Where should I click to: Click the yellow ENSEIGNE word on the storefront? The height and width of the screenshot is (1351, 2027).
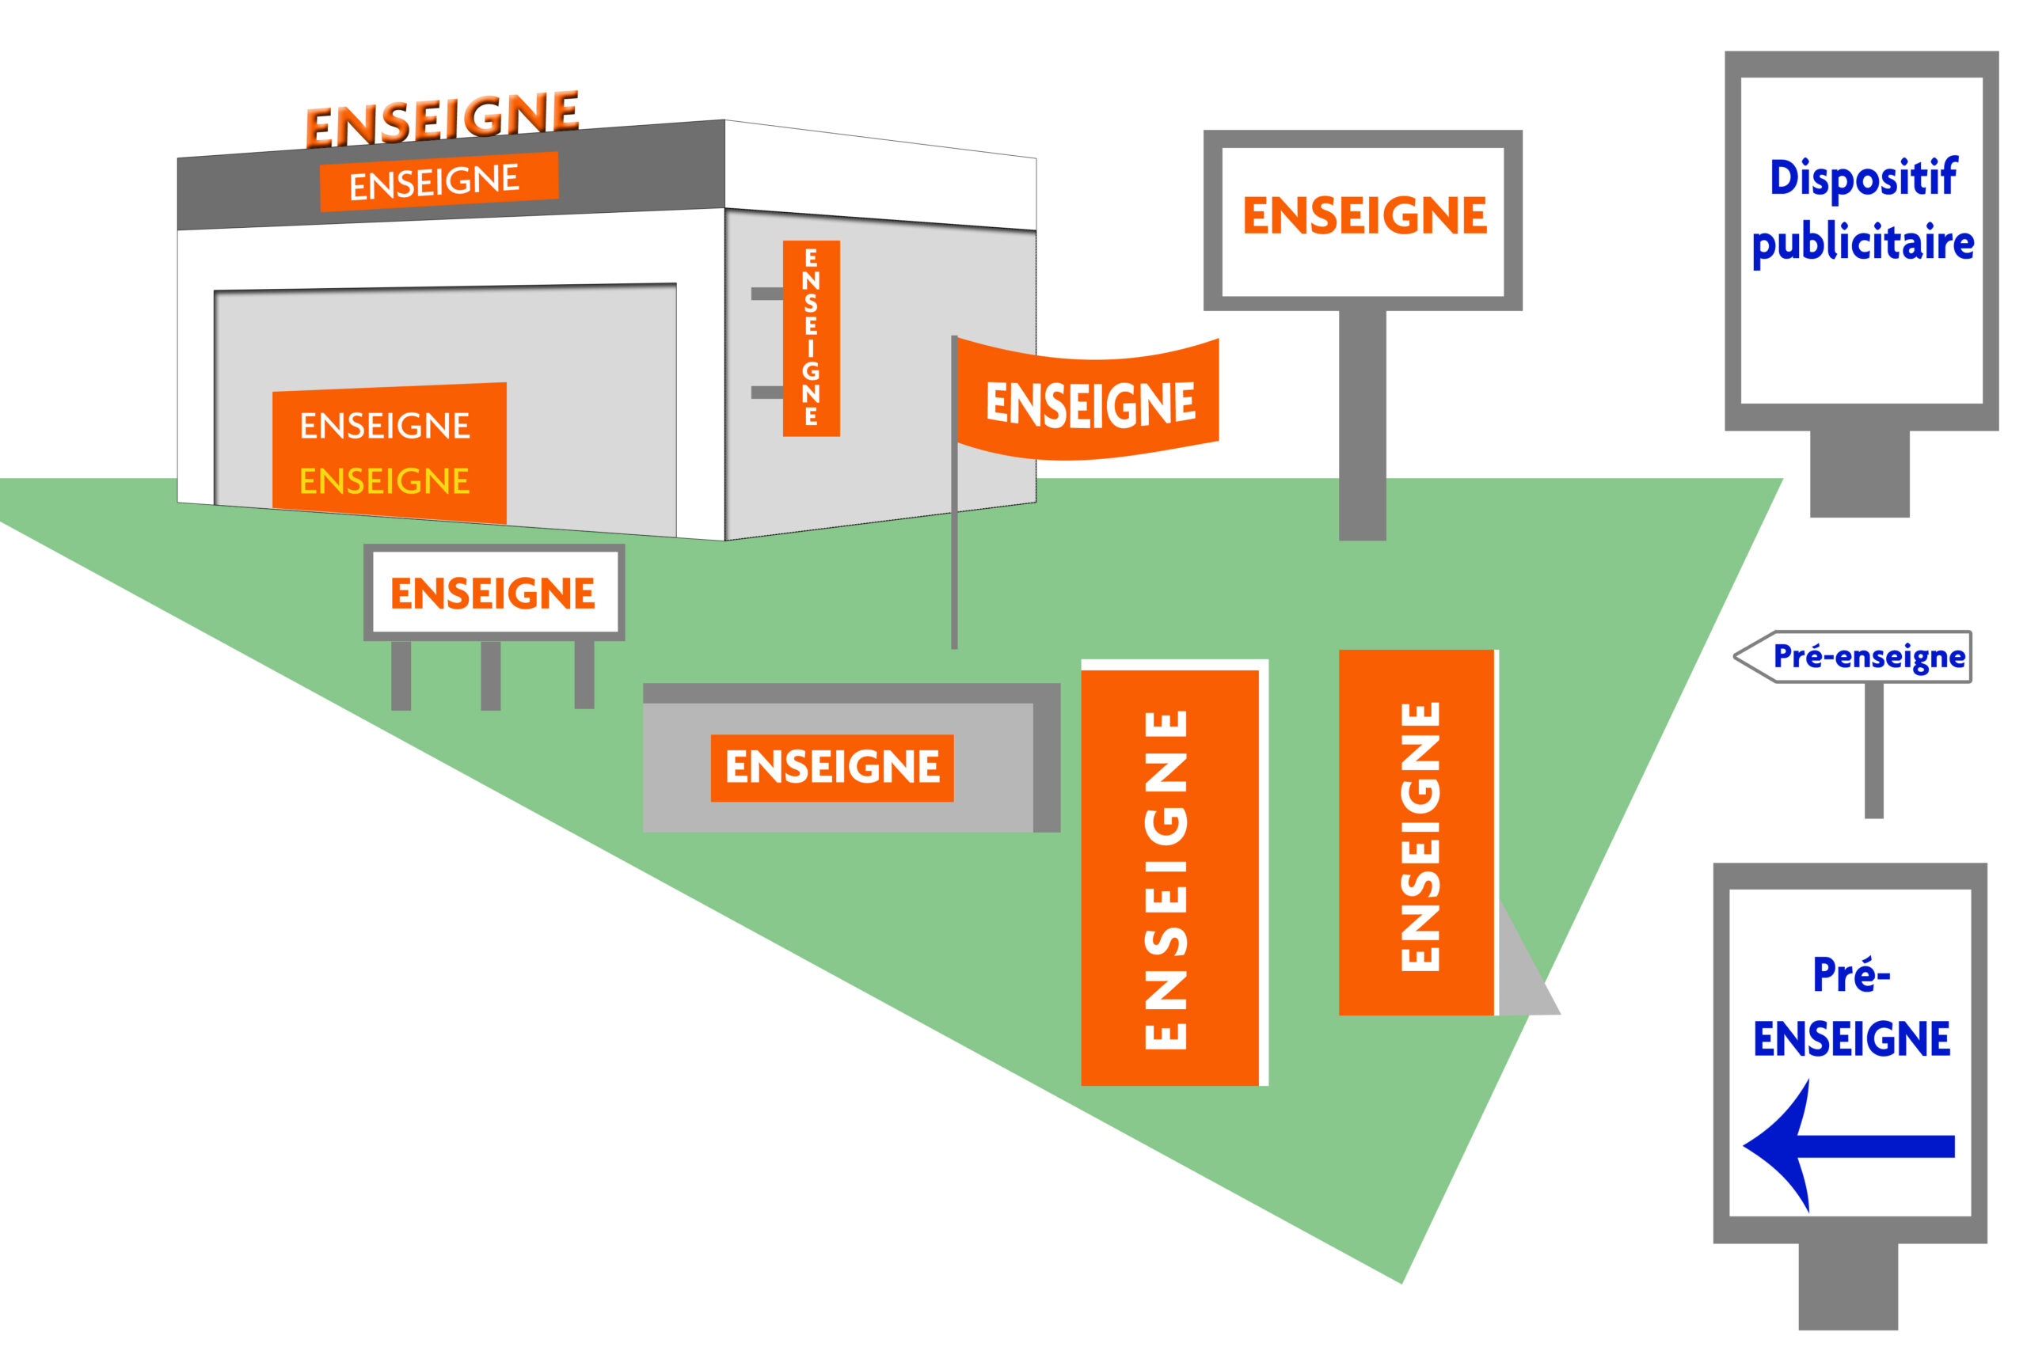[x=384, y=480]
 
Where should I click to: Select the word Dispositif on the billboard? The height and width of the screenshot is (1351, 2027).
[x=1863, y=178]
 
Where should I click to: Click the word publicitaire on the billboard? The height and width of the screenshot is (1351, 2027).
[x=1863, y=244]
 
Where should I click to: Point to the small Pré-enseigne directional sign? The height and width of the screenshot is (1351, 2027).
[x=1852, y=657]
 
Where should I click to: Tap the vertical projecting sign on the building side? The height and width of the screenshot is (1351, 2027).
[x=811, y=339]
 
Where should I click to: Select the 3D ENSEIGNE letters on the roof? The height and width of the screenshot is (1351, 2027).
[x=442, y=118]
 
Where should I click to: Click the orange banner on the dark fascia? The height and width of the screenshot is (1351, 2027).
[x=439, y=182]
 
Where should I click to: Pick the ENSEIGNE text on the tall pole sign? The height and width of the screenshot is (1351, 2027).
[x=1364, y=215]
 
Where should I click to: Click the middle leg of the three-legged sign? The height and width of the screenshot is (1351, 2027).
[x=490, y=676]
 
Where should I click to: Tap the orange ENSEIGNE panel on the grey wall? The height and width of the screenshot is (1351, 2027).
[x=831, y=768]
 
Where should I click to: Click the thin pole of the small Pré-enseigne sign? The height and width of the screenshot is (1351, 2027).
[x=1873, y=750]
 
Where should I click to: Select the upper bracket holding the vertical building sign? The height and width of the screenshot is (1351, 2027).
[x=767, y=294]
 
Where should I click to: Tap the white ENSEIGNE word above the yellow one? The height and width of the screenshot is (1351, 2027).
[x=384, y=426]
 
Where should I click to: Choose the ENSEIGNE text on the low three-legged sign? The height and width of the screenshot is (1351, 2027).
[x=493, y=594]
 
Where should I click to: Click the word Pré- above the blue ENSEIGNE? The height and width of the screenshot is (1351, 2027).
[x=1851, y=975]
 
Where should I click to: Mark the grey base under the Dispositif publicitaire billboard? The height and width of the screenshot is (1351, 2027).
[x=1860, y=474]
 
